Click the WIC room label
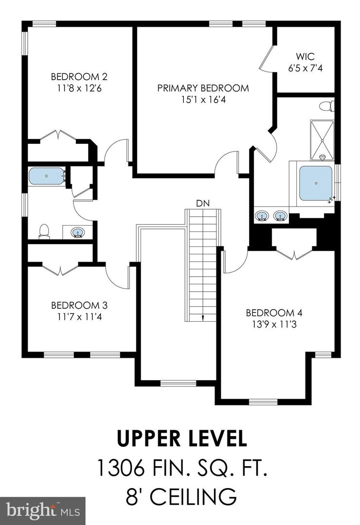pos(305,56)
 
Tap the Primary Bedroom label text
pos(203,88)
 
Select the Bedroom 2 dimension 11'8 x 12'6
pos(79,88)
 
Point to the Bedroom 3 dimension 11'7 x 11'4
pos(79,317)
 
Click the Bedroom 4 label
pos(274,313)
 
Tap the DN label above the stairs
pos(203,203)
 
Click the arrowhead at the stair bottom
pos(203,318)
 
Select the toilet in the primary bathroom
pos(326,106)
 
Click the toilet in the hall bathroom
pos(44,231)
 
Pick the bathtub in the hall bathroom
pos(47,176)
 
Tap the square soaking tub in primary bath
pos(315,183)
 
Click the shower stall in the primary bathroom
pos(322,140)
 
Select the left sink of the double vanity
pos(261,216)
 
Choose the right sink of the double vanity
pos(280,216)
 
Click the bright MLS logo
pos(43,510)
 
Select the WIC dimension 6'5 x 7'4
pos(305,69)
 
